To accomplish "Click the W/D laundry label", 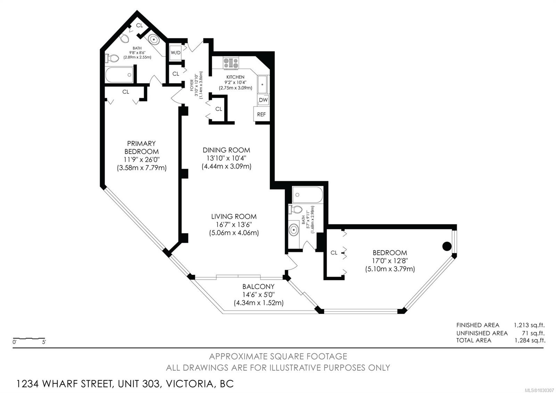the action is [x=175, y=53].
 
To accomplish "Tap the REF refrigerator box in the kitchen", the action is [x=262, y=114].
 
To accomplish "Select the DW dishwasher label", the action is [x=263, y=100].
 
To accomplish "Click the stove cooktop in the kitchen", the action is [x=231, y=63].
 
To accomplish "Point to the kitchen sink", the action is [x=262, y=85].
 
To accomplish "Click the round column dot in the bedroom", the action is [x=447, y=246].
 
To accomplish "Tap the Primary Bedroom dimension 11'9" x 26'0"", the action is [x=141, y=160].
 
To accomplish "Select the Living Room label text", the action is [x=234, y=216].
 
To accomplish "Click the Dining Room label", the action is [x=226, y=150].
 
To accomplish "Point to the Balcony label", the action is [x=259, y=287].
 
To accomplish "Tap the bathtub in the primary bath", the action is [x=119, y=75].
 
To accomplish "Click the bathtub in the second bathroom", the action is [x=308, y=195].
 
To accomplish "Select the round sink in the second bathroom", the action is [x=294, y=230].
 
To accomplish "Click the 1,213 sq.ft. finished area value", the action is [x=529, y=325].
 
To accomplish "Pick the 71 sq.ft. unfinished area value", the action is [x=533, y=333].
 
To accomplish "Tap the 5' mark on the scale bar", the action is [x=44, y=342].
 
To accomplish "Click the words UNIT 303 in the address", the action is [x=139, y=384].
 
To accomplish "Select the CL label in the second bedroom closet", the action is [x=334, y=252].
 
